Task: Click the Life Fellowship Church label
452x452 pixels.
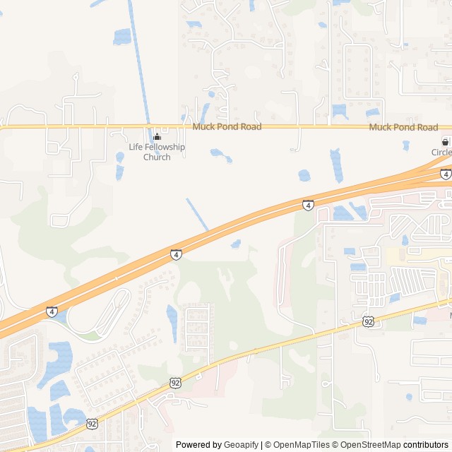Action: click(157, 152)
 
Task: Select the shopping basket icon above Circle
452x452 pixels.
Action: click(446, 141)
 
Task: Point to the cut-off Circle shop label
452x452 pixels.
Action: click(442, 152)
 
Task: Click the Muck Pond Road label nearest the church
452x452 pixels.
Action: click(227, 127)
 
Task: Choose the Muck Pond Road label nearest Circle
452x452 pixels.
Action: click(403, 127)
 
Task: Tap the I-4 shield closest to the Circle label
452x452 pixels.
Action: click(446, 174)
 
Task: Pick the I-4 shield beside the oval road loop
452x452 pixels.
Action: click(52, 311)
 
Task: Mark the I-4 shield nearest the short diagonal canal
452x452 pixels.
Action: click(176, 254)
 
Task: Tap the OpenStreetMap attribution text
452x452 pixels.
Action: click(368, 445)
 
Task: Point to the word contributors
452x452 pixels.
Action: click(426, 445)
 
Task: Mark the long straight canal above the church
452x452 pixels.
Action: click(139, 64)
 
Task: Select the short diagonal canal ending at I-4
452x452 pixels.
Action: click(197, 214)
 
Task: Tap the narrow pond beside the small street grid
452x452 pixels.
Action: click(172, 322)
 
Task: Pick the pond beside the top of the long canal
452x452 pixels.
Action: click(121, 36)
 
